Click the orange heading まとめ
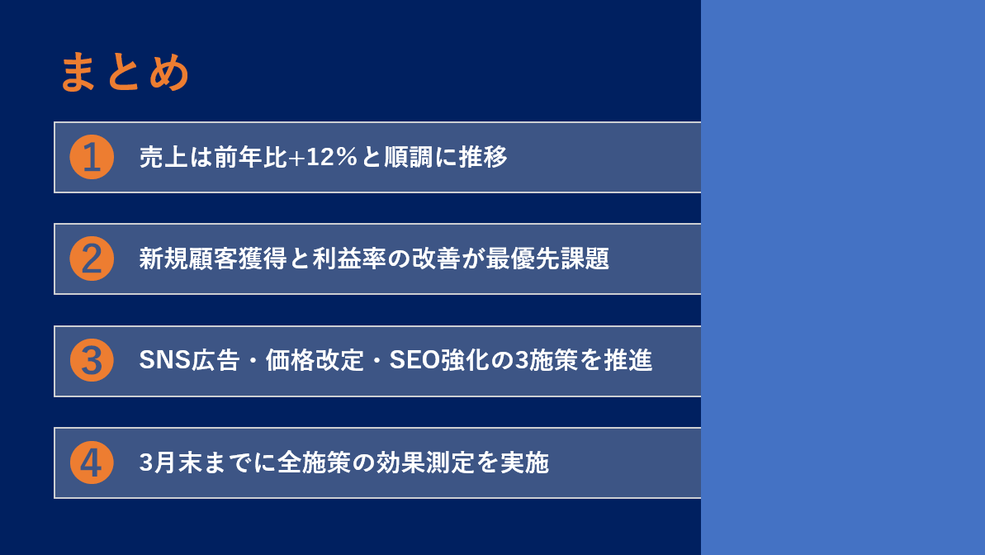point(125,73)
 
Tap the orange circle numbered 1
point(92,157)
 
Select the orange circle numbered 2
point(92,259)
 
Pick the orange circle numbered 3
point(92,361)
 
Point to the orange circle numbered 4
point(92,462)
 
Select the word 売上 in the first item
point(163,157)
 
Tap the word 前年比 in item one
point(251,157)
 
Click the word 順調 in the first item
point(409,157)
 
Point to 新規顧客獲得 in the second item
point(213,259)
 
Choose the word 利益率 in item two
point(349,259)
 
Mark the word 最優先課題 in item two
point(547,259)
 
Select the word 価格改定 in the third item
point(315,361)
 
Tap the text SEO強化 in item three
point(439,361)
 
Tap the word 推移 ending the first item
point(483,157)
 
